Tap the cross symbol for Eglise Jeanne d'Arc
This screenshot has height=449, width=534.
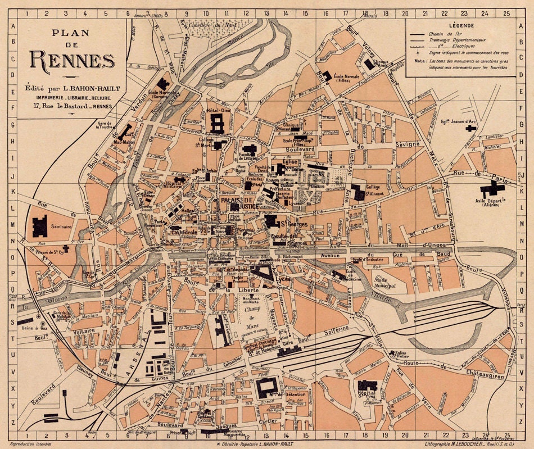click(x=470, y=128)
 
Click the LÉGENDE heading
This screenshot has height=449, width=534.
click(x=461, y=26)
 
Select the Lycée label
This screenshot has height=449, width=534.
click(x=282, y=279)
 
